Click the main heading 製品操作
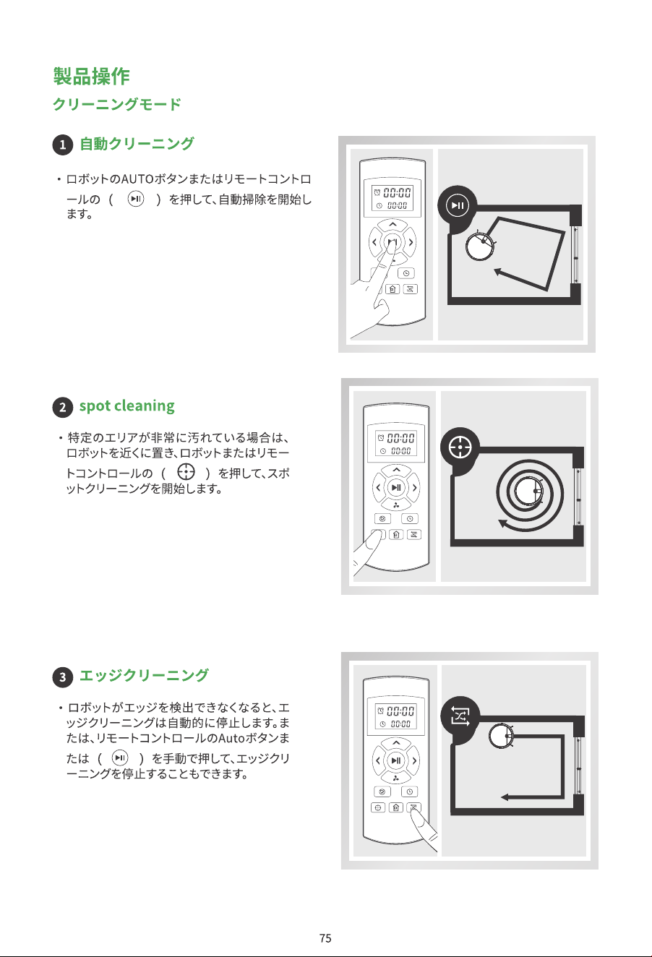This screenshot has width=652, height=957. pos(91,77)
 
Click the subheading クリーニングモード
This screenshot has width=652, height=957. pos(117,104)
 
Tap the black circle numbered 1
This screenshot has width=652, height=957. pos(62,145)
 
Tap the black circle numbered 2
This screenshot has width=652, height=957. pos(62,407)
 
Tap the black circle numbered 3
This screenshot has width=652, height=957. pos(62,677)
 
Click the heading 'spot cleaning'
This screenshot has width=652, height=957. pos(127,406)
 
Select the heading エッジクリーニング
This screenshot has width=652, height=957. pos(144,675)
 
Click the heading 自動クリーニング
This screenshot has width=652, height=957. pos(137,144)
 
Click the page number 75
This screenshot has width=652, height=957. pos(325,937)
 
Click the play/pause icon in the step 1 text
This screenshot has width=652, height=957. pos(136,199)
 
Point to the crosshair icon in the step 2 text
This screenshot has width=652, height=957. pos(186,472)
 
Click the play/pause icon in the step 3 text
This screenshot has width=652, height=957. pos(120,758)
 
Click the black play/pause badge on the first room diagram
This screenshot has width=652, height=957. pos(457,205)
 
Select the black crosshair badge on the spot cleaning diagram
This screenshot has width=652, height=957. pos(460,447)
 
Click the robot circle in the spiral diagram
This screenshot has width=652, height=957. pos(528,491)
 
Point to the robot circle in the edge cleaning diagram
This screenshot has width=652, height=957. pos(502,737)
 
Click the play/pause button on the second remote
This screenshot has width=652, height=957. pos(396,487)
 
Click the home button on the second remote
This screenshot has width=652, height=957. pos(397,534)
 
